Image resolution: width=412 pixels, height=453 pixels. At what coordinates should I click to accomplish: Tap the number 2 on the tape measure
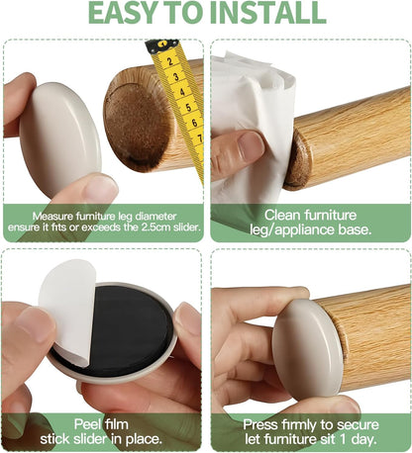click(169, 61)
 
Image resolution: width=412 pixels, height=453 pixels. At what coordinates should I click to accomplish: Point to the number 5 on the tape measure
click(188, 108)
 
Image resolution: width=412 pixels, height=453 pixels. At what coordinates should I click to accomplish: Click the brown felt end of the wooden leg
click(137, 127)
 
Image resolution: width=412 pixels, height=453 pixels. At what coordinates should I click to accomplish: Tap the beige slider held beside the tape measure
click(60, 138)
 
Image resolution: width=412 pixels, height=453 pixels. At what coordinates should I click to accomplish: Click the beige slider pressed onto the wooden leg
click(306, 349)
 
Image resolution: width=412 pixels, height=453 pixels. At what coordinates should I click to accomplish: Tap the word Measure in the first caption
click(52, 217)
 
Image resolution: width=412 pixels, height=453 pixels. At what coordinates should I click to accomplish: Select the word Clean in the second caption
click(282, 216)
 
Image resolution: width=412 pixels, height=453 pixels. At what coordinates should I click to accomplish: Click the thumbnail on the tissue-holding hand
click(250, 145)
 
